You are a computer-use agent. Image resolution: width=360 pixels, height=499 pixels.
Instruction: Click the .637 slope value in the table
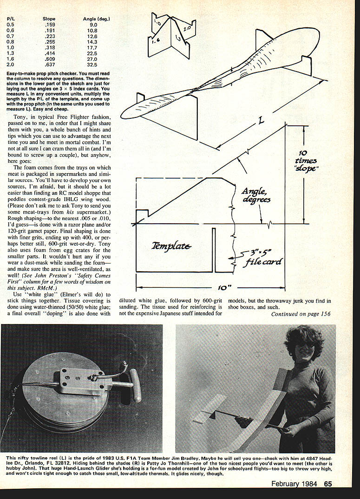coord(49,65)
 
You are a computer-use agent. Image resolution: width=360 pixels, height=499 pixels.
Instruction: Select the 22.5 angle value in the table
coord(93,53)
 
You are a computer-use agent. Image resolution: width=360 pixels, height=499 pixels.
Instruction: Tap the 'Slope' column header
coord(49,19)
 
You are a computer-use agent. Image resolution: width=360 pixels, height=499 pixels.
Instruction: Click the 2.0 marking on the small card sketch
coord(187,28)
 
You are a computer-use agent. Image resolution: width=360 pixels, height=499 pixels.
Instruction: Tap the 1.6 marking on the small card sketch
coord(156,41)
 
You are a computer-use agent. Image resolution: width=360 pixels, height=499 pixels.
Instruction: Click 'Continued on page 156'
coord(301,314)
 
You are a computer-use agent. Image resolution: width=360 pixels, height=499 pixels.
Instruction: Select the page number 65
coord(328,484)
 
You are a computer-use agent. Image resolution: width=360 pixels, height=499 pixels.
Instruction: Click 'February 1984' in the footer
coord(295,484)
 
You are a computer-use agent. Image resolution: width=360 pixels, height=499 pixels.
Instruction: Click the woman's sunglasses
coord(299,349)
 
